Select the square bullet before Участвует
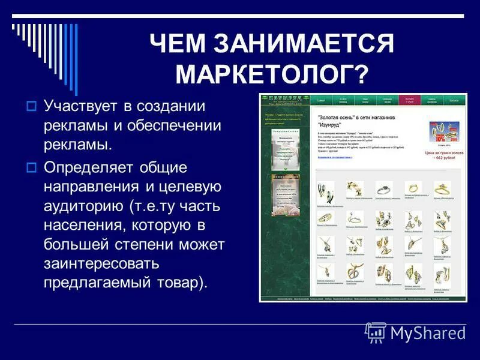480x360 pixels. (33, 106)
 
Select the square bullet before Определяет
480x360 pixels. (33, 166)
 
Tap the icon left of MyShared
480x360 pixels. (376, 332)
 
